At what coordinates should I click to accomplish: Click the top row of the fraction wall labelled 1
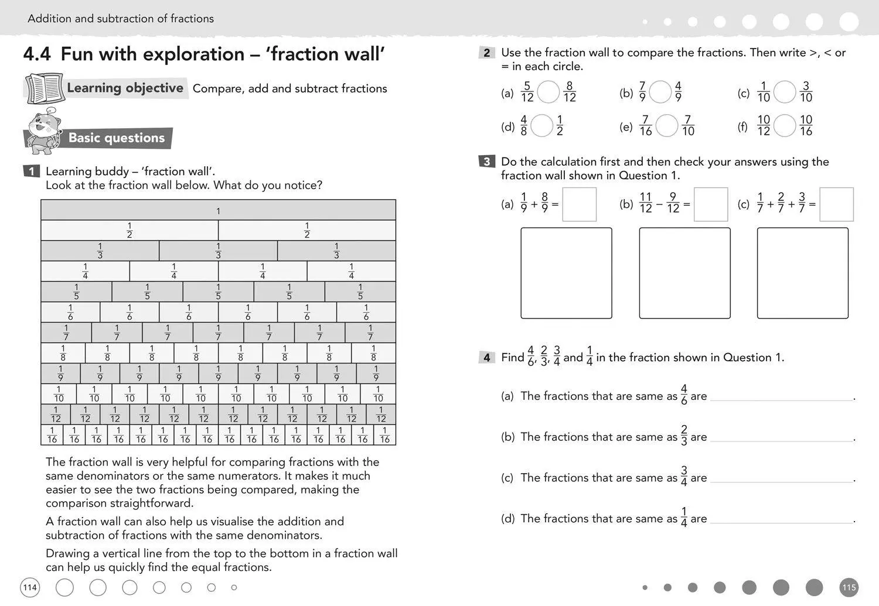(218, 210)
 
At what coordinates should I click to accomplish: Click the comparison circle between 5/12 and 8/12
(548, 92)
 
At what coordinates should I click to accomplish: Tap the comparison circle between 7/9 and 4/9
(660, 92)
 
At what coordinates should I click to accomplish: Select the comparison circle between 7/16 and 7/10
(667, 126)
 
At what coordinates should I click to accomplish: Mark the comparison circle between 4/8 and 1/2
(542, 126)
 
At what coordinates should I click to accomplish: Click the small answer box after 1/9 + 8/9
(579, 204)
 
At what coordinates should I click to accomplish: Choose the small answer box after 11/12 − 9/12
(710, 204)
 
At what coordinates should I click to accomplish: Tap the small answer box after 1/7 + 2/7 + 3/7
(836, 204)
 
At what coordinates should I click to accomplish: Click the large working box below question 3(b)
(684, 273)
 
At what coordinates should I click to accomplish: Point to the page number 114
(30, 587)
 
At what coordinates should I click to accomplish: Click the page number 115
(849, 587)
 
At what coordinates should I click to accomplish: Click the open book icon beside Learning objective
(44, 88)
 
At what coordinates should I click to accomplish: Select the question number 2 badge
(486, 53)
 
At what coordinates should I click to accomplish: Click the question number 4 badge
(486, 357)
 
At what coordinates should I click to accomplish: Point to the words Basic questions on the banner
(117, 138)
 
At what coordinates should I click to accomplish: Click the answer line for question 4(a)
(782, 397)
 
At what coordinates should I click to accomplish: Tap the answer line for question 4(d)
(782, 519)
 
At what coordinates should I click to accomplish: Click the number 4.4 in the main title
(37, 54)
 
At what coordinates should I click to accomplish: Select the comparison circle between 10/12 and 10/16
(785, 126)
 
